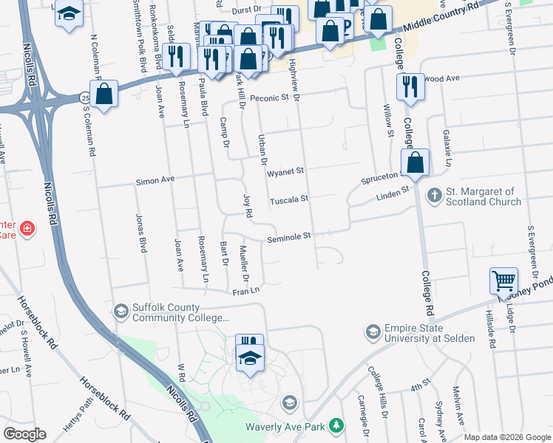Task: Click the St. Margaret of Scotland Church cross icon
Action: (435, 195)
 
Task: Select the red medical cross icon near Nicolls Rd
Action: (28, 228)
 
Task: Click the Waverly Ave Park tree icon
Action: (337, 426)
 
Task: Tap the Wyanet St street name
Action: (286, 171)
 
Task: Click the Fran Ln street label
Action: (248, 292)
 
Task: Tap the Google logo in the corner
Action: (24, 434)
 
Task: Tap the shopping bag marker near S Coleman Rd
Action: (104, 93)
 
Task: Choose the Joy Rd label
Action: (248, 205)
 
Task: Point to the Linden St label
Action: (393, 192)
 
